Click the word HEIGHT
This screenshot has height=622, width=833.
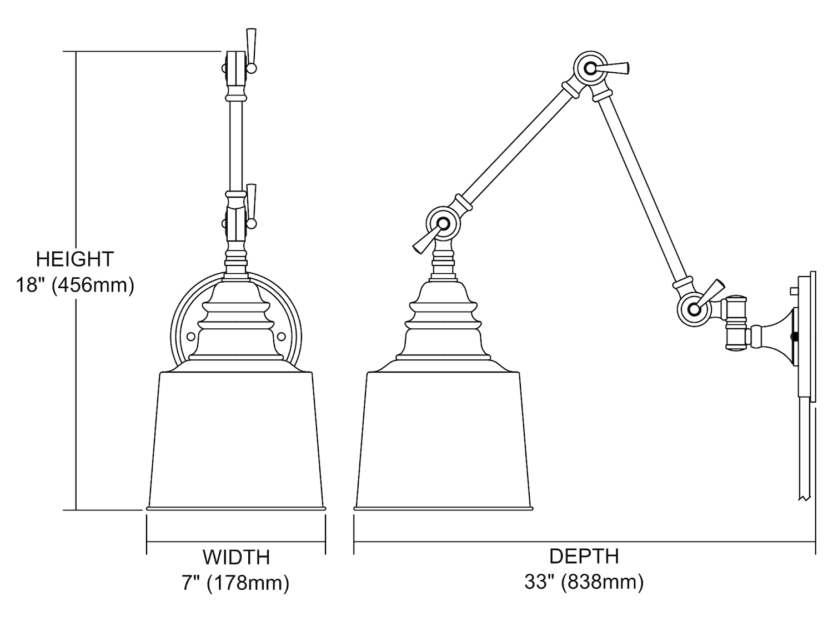pos(75,259)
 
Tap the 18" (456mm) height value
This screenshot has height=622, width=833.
pos(75,285)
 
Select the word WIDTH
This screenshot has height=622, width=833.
pos(236,558)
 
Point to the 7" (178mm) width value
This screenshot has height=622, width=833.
pos(235,583)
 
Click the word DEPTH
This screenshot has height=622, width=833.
pos(584,556)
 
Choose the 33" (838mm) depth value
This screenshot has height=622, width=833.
pos(584,582)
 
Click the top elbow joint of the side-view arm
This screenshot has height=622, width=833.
pos(590,69)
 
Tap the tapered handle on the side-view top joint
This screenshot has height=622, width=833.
pos(614,68)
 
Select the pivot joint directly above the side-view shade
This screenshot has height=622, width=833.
pos(443,223)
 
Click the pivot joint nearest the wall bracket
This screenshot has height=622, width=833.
pos(695,309)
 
